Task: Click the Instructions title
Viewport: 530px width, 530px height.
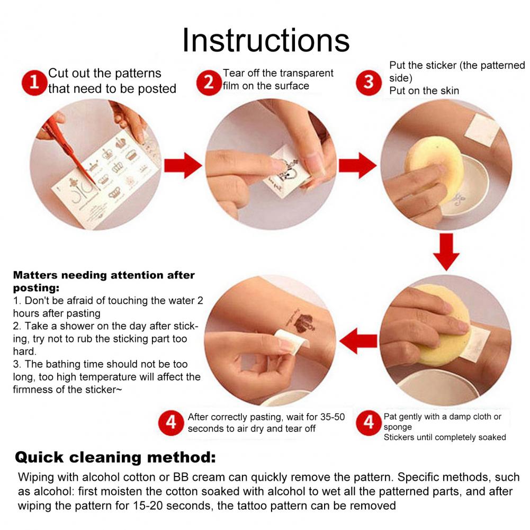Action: pyautogui.click(x=266, y=40)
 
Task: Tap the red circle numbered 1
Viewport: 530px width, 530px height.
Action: pyautogui.click(x=34, y=83)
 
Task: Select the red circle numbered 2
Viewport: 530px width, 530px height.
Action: pyautogui.click(x=209, y=83)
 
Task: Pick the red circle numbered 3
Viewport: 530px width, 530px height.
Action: pyautogui.click(x=369, y=83)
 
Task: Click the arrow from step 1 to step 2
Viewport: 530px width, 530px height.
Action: pyautogui.click(x=183, y=165)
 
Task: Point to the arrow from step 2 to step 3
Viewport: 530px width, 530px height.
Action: pyautogui.click(x=357, y=165)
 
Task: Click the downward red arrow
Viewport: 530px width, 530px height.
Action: pyautogui.click(x=446, y=252)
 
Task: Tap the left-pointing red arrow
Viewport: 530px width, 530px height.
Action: pyautogui.click(x=358, y=341)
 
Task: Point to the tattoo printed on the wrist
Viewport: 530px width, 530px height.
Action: pyautogui.click(x=301, y=321)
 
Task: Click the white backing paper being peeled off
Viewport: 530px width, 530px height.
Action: pyautogui.click(x=291, y=342)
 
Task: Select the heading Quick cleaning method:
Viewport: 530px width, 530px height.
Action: pyautogui.click(x=115, y=457)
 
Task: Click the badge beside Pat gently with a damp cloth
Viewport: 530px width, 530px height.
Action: pyautogui.click(x=369, y=423)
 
